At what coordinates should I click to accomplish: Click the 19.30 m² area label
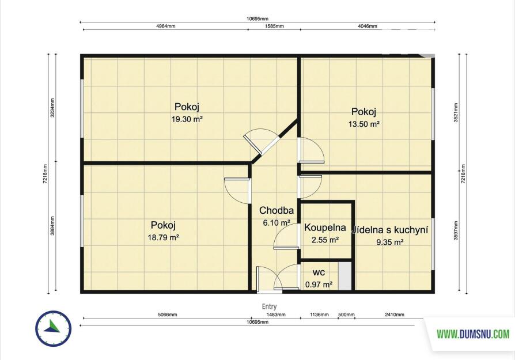coord(187,119)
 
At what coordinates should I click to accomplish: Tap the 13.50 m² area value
coord(364,124)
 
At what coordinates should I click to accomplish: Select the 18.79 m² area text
coord(163,237)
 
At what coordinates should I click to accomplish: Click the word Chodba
coord(276,210)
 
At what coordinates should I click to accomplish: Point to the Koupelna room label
coord(325,228)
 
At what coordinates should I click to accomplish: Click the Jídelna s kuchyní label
coord(390,230)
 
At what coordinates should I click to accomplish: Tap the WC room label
coord(319,272)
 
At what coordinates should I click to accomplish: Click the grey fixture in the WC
coord(345,276)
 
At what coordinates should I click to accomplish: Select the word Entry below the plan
coord(270,306)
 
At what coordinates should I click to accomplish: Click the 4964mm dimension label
coord(165,26)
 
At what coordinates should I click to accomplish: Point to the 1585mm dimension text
coord(274,26)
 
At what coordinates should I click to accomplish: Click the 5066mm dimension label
coord(167,314)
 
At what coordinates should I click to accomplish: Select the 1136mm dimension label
coord(319,314)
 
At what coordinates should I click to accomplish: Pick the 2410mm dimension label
coord(395,314)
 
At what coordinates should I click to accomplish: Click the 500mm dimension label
coord(347,314)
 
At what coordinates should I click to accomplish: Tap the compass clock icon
coord(53,328)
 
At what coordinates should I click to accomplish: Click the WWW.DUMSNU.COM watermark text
coord(473,334)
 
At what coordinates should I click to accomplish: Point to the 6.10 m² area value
coord(276,223)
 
